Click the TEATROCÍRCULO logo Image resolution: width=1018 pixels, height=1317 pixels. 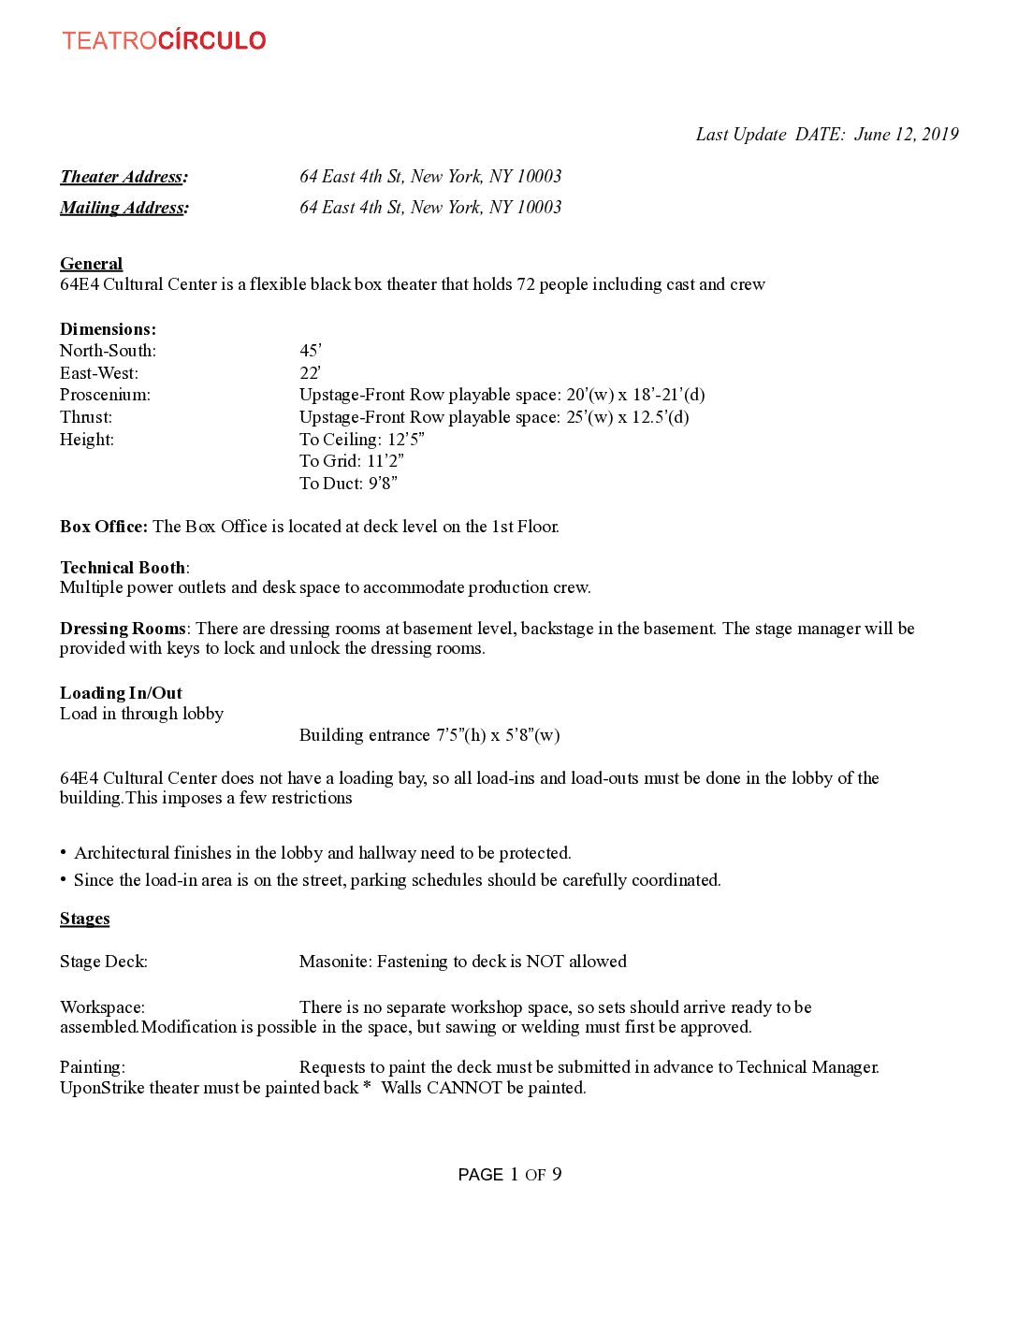click(x=165, y=40)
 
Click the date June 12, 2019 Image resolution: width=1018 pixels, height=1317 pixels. click(x=906, y=134)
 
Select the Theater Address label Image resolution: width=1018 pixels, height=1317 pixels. click(x=124, y=177)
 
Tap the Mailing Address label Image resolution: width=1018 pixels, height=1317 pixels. click(x=124, y=208)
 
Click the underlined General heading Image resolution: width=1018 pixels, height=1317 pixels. click(x=91, y=264)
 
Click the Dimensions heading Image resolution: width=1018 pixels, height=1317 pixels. click(x=108, y=329)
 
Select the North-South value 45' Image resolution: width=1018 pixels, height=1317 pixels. click(x=311, y=351)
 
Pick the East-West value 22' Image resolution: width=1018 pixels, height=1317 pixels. click(x=311, y=373)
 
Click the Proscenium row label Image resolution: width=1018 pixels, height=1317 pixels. click(x=105, y=395)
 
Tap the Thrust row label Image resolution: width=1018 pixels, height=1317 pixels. click(x=86, y=417)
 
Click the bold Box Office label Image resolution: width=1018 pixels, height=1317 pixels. click(x=103, y=527)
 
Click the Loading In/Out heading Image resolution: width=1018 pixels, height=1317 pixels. click(x=121, y=693)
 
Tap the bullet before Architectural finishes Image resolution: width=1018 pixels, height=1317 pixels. click(x=64, y=853)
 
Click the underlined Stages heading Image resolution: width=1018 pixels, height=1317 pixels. click(x=84, y=919)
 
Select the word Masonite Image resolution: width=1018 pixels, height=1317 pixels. click(x=335, y=962)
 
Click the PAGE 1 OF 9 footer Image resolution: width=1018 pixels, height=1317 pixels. click(x=510, y=1175)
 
